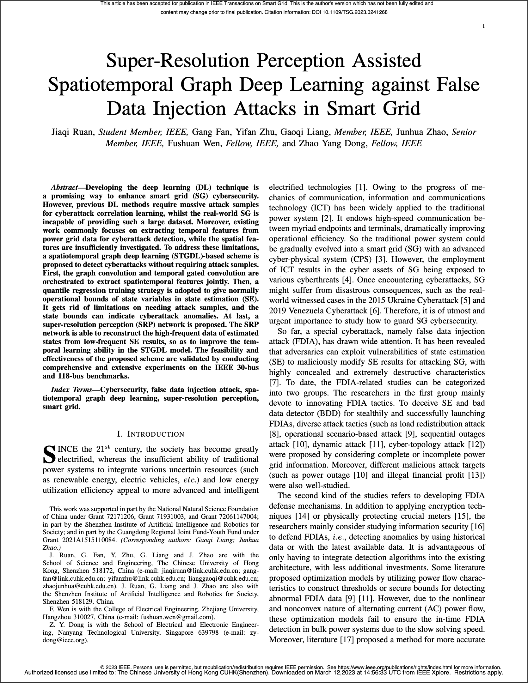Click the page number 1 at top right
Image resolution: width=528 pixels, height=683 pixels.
pyautogui.click(x=483, y=26)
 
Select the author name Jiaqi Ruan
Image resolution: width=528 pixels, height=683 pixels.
pyautogui.click(x=73, y=132)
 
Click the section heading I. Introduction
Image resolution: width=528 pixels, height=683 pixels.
pyautogui.click(x=150, y=434)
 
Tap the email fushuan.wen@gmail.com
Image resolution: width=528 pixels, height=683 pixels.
pyautogui.click(x=177, y=617)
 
